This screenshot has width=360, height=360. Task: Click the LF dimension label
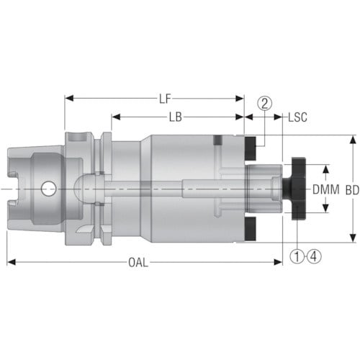tap(165, 99)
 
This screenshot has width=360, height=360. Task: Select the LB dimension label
tap(176, 117)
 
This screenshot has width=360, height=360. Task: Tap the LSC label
tap(297, 117)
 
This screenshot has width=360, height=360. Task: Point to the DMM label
tap(326, 189)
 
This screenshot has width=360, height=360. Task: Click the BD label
tap(352, 190)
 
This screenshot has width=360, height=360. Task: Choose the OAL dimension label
tap(138, 262)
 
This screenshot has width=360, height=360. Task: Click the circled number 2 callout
tap(264, 104)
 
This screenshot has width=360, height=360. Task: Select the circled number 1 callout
tap(297, 256)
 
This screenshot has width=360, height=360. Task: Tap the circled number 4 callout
tap(314, 256)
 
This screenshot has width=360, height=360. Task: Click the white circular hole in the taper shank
tap(49, 189)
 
